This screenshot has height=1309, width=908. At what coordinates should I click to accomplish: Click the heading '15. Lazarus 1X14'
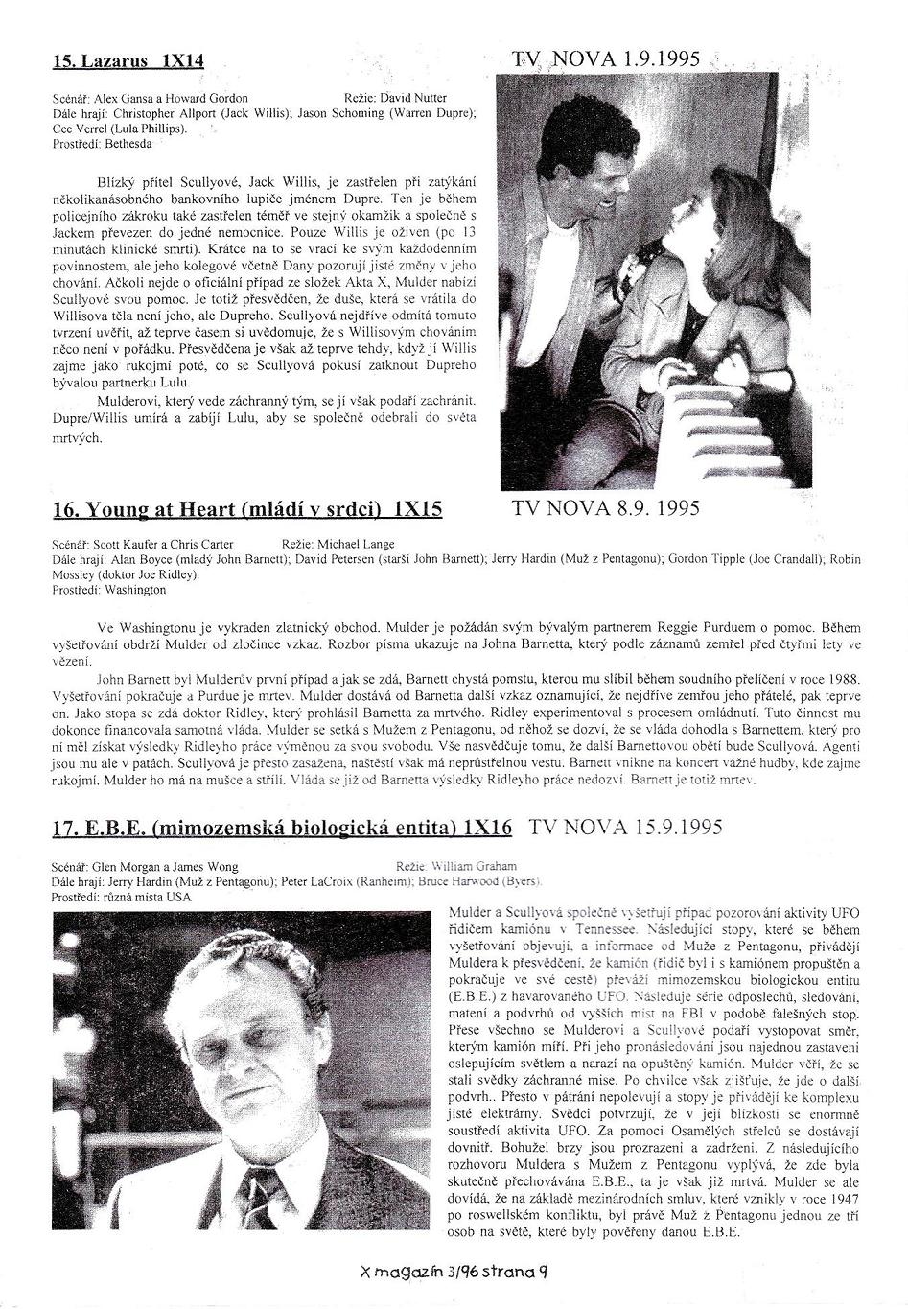[x=128, y=60]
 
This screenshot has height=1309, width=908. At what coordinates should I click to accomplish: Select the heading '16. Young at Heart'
[x=247, y=508]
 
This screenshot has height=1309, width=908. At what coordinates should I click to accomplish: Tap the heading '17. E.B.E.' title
[x=282, y=828]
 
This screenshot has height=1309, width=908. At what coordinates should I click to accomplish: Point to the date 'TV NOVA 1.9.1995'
[x=608, y=59]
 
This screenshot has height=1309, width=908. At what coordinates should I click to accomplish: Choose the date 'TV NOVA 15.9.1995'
[x=626, y=827]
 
